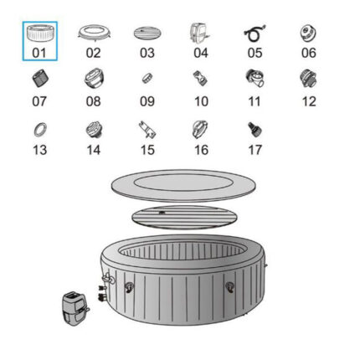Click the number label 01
point(39,53)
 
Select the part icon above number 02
point(94,33)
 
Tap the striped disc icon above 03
point(147,33)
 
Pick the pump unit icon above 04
point(199,33)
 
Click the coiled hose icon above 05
point(255,33)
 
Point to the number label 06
point(309,53)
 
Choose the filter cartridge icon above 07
point(40,79)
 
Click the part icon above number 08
point(94,78)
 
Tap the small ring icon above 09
point(147,78)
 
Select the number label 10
point(201,101)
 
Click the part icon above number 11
point(255,78)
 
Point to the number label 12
point(309,101)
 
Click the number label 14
point(94,150)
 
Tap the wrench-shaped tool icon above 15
point(147,130)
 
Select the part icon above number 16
point(200,130)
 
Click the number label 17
point(255,150)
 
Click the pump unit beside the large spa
point(75,309)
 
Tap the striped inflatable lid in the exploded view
point(184,217)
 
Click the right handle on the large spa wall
point(230,287)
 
